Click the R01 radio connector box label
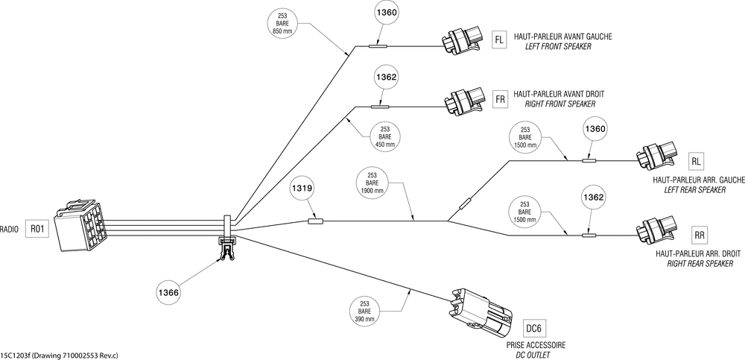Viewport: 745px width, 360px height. (37, 229)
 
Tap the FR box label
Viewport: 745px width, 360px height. (501, 99)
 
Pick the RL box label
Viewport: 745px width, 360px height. (696, 161)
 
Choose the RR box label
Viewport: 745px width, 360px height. (699, 235)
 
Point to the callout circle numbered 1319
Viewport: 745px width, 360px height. (302, 189)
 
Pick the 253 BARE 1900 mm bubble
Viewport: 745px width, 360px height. (372, 183)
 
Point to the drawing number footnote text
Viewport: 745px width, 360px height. (60, 356)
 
